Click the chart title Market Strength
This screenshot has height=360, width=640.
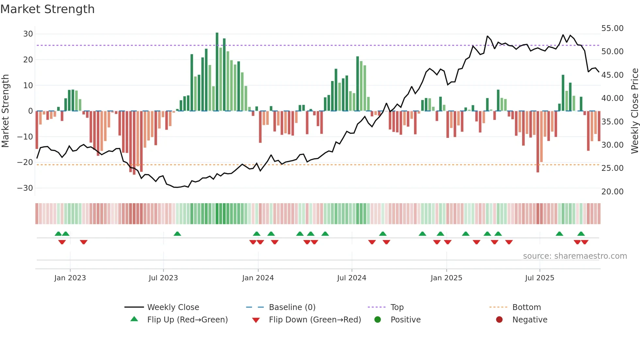[x=47, y=9]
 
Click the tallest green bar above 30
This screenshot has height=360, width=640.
[x=217, y=72]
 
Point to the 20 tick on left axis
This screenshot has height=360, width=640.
[x=28, y=60]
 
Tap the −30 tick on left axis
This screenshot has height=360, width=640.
[x=25, y=188]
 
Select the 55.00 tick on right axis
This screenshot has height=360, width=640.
[x=612, y=28]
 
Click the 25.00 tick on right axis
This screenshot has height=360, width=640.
[x=612, y=168]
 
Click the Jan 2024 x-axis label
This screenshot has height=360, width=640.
[x=258, y=278]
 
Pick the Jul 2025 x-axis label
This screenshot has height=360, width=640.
[x=539, y=278]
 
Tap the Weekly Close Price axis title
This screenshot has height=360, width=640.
[x=634, y=111]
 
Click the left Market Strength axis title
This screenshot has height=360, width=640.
[x=5, y=111]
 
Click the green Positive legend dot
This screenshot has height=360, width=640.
[x=378, y=320]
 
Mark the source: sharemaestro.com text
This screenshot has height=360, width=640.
[x=575, y=256]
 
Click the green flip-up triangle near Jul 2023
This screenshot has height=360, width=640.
[x=177, y=234]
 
